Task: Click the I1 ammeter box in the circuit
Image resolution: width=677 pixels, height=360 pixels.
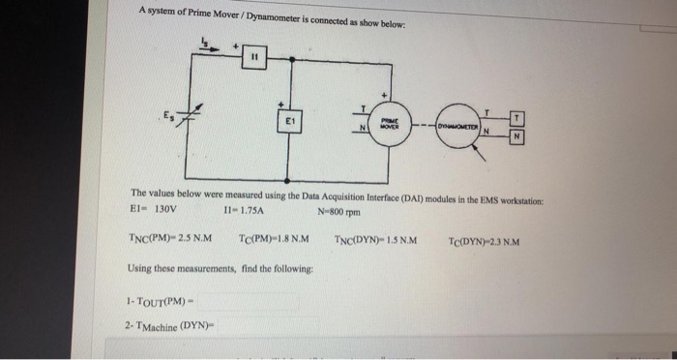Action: [x=254, y=57]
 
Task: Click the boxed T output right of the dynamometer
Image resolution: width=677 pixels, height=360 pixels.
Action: [x=519, y=119]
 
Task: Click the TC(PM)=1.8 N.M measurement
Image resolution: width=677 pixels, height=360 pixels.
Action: [x=274, y=240]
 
